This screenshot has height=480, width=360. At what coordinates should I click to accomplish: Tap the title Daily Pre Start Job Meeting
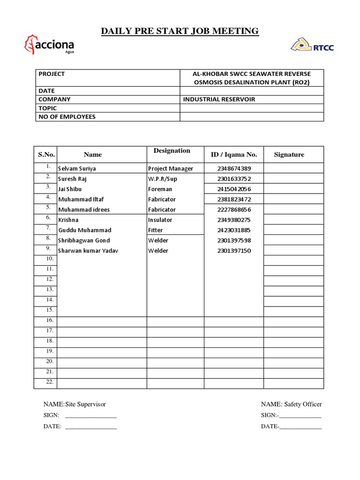180,31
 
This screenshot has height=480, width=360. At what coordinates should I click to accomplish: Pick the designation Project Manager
170,169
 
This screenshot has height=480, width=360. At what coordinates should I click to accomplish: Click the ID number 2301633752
234,179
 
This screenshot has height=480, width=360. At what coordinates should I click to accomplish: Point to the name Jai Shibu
69,189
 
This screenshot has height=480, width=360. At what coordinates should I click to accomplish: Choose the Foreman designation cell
160,189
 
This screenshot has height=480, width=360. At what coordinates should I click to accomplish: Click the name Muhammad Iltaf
81,200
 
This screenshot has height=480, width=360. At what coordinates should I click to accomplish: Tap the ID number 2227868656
234,210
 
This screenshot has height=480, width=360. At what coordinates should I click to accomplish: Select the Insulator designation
160,220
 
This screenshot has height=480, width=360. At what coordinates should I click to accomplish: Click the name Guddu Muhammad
84,231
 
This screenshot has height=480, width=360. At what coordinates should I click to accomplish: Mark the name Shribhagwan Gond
83,241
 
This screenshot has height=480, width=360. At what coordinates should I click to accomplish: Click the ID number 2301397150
234,251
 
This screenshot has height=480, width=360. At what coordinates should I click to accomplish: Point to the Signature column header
289,155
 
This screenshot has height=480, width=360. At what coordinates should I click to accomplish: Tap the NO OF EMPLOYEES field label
67,117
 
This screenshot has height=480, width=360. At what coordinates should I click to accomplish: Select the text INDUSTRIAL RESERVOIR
219,99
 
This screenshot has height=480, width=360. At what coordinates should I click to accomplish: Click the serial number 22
49,382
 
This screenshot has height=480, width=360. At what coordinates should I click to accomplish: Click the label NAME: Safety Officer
291,405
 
